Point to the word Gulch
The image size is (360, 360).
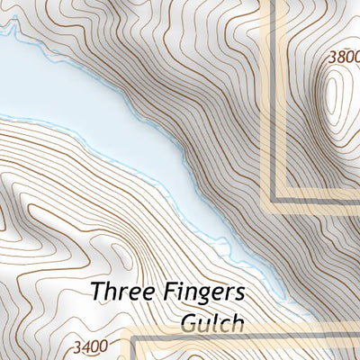tap(212, 321)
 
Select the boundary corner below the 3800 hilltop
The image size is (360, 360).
tap(274, 197)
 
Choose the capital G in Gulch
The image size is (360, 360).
tap(188, 321)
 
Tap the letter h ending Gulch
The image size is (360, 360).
tap(238, 321)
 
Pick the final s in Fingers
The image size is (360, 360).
tap(240, 294)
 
